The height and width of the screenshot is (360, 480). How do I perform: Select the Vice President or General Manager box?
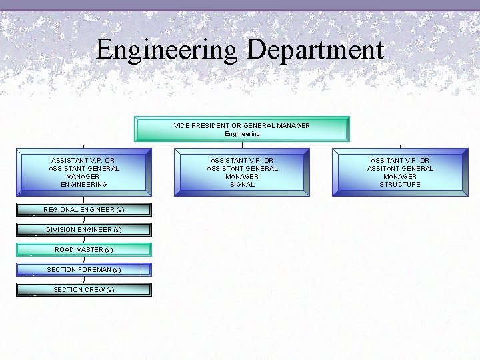pos(241,129)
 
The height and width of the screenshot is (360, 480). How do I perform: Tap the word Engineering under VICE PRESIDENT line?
pos(242,134)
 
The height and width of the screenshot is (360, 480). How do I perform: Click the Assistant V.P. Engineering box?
pos(84,172)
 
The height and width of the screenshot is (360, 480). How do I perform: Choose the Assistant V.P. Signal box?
pos(242,172)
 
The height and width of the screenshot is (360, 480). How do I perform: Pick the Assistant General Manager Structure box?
pos(400,172)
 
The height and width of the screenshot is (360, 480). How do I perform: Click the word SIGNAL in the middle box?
pos(242,185)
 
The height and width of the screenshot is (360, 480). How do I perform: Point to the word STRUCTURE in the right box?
pos(400,185)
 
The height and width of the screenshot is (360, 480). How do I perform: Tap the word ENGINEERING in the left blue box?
pos(84,185)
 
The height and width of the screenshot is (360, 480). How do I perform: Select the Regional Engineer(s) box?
pos(84,210)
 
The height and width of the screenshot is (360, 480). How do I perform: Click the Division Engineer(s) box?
pos(84,230)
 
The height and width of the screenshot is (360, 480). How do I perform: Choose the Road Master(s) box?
pos(84,250)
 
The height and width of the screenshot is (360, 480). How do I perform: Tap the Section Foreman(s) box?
pos(84,270)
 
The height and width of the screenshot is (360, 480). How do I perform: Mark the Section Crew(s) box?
pos(84,290)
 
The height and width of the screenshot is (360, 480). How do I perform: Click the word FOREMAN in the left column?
pos(94,270)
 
